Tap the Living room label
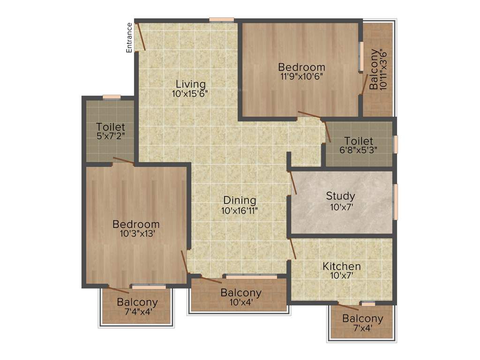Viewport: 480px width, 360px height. click(x=190, y=84)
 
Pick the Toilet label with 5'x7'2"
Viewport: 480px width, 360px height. click(x=111, y=127)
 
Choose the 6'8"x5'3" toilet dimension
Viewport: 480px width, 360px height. click(x=359, y=150)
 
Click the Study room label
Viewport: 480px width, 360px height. click(x=340, y=196)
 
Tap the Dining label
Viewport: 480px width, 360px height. click(x=240, y=201)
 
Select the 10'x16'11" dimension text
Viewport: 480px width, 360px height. click(x=240, y=210)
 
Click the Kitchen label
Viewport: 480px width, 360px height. click(x=341, y=266)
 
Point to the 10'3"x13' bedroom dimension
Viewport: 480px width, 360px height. click(x=136, y=233)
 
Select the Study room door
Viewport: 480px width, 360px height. click(x=293, y=182)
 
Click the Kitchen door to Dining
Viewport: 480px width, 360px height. click(x=292, y=249)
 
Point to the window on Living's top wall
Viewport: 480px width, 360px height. click(x=221, y=20)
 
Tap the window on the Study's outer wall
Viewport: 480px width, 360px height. click(x=395, y=202)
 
